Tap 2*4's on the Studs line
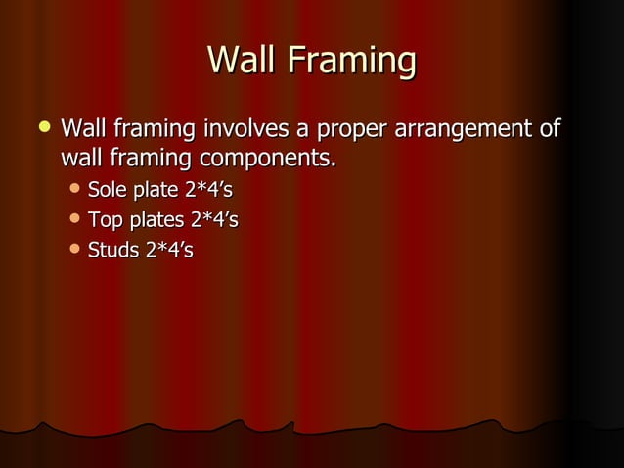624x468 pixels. [x=170, y=252]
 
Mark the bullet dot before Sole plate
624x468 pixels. [x=74, y=188]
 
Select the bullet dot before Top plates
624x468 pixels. [x=74, y=219]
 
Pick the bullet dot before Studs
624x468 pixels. [x=74, y=251]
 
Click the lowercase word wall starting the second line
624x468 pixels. [x=81, y=157]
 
